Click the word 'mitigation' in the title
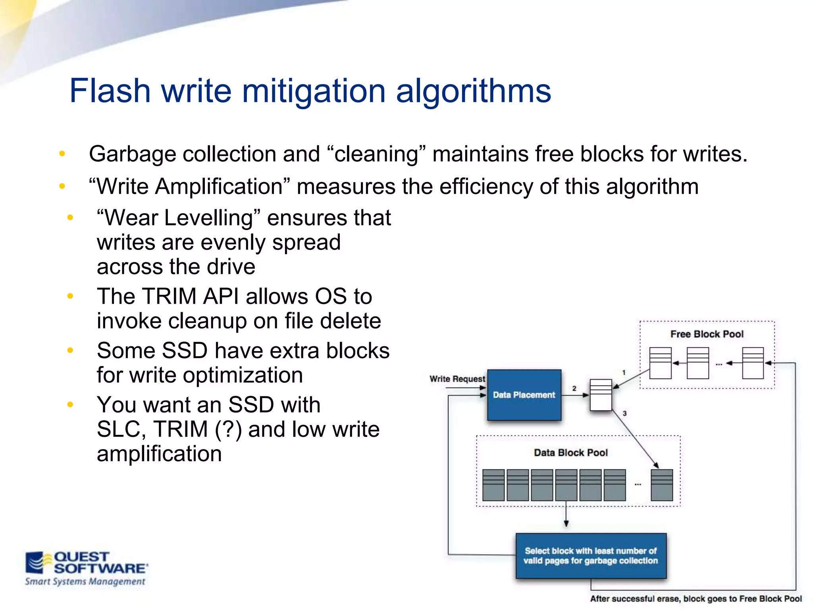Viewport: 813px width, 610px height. (314, 91)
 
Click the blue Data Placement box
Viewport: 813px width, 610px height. (524, 395)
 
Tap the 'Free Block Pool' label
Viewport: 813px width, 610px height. (707, 334)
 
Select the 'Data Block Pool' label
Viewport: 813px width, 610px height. (570, 453)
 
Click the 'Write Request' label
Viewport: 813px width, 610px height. (457, 379)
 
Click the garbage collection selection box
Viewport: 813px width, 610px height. (591, 556)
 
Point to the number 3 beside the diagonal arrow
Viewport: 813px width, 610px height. (624, 413)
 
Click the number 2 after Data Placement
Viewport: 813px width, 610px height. (574, 388)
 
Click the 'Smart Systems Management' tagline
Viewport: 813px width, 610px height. (85, 582)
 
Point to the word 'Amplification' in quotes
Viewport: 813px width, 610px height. (218, 186)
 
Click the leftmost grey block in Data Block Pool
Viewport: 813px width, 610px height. (493, 485)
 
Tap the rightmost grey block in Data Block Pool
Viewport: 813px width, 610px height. (662, 485)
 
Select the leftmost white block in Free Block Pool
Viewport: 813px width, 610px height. (660, 363)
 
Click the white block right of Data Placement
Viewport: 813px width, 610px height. (601, 395)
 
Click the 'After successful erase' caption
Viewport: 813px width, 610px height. (695, 599)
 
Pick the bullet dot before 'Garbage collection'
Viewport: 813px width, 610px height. (62, 154)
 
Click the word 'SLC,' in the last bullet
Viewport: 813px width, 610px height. (121, 429)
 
